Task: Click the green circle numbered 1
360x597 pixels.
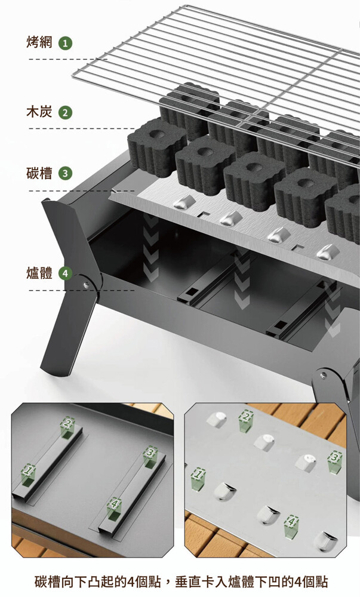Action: [x=65, y=44]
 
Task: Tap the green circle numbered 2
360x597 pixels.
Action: [x=65, y=113]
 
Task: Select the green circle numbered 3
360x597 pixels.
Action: [x=65, y=174]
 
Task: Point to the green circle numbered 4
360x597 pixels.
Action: [x=65, y=273]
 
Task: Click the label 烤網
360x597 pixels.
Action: [x=39, y=42]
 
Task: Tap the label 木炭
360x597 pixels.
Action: [x=39, y=112]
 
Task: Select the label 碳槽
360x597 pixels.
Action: [x=39, y=173]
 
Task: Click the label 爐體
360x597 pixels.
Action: [x=39, y=273]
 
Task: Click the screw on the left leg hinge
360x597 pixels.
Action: [x=86, y=284]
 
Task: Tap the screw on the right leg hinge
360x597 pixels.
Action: [x=324, y=375]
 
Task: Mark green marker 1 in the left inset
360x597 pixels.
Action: [x=28, y=475]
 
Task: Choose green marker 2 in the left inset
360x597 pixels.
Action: [x=67, y=427]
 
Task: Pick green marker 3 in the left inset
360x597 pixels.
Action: [x=150, y=456]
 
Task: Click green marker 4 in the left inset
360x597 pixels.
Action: [x=114, y=509]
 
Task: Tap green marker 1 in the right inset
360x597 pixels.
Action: [x=198, y=479]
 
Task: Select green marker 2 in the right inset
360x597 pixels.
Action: [x=246, y=421]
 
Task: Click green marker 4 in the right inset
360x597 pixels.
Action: [x=291, y=526]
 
